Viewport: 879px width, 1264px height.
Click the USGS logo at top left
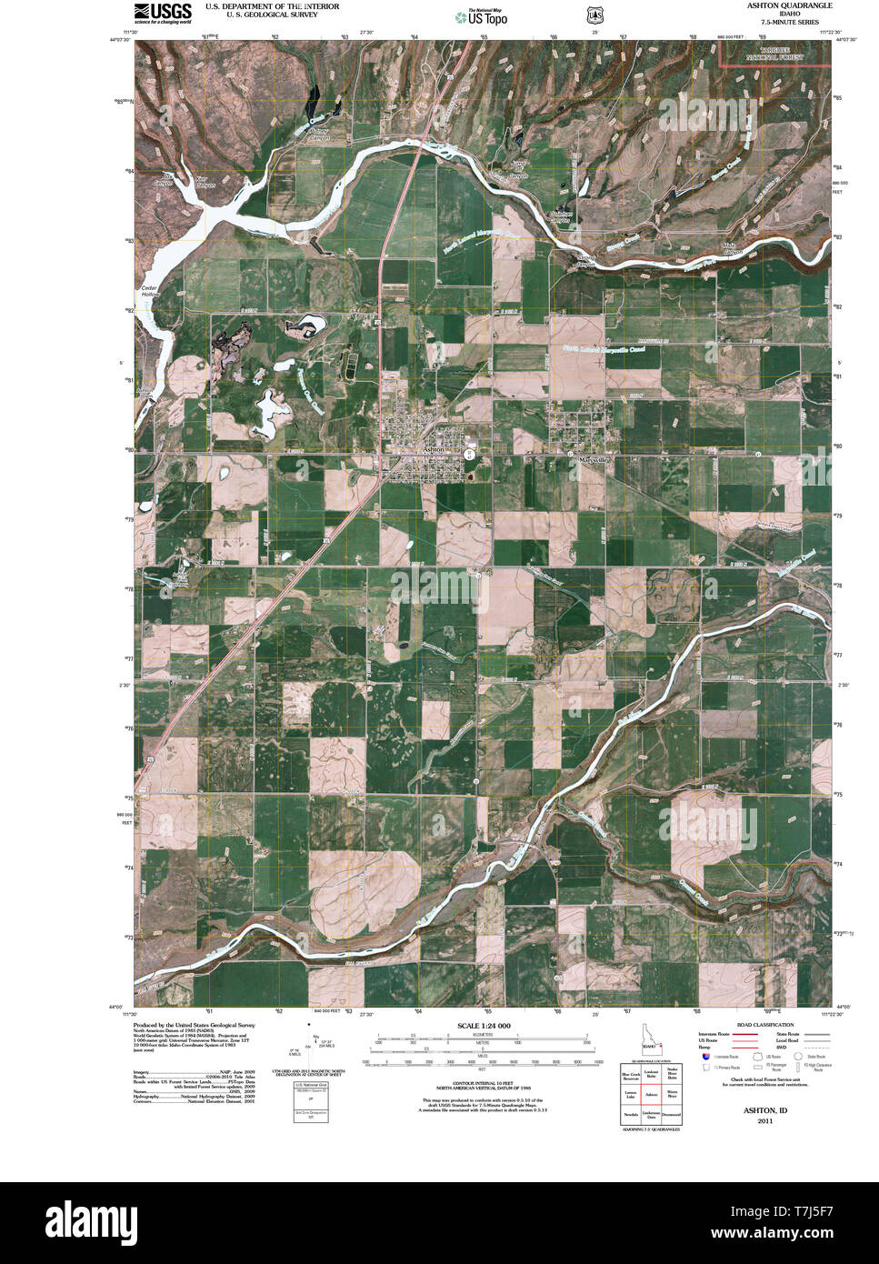point(163,13)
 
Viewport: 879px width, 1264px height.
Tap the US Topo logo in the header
point(487,16)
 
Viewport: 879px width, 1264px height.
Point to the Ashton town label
point(432,450)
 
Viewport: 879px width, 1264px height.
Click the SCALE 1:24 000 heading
point(482,1026)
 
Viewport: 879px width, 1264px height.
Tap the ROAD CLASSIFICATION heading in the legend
point(764,1025)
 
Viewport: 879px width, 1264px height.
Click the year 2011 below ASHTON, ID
point(764,1121)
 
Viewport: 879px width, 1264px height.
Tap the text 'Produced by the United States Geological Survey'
point(194,1025)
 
